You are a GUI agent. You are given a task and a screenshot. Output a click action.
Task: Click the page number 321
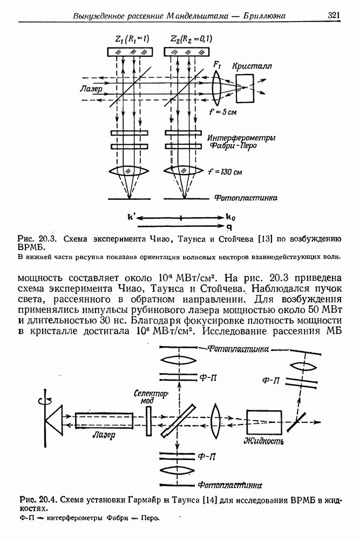tap(333, 16)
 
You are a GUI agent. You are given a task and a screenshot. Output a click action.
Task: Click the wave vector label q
tap(229, 226)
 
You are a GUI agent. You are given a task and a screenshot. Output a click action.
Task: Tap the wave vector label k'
tap(131, 218)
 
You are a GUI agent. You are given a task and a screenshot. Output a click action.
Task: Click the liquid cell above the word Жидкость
tap(264, 421)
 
